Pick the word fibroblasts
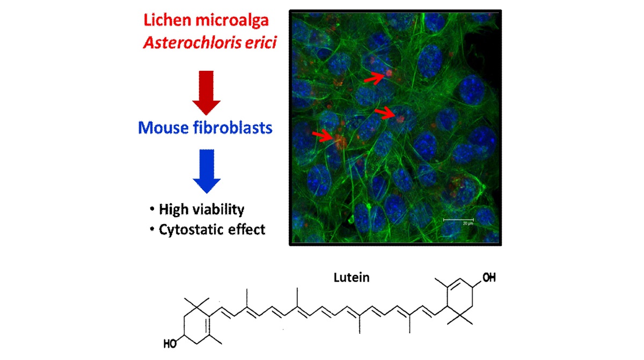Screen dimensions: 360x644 click(232, 128)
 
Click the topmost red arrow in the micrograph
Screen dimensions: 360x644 click(374, 78)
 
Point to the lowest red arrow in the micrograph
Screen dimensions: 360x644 click(322, 135)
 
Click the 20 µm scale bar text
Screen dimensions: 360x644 click(459, 224)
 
